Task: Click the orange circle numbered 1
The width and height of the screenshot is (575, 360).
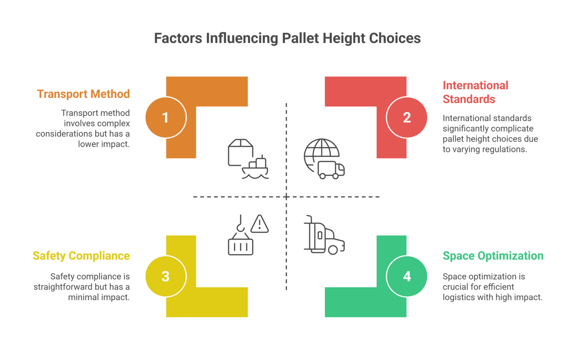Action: (x=165, y=118)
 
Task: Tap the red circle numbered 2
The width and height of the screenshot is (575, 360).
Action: (x=407, y=118)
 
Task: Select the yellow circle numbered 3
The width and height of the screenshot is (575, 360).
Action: (x=165, y=276)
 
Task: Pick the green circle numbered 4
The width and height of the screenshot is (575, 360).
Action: (x=407, y=276)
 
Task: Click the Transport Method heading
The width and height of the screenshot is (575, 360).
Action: (x=83, y=94)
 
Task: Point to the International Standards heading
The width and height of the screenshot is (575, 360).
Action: (x=475, y=92)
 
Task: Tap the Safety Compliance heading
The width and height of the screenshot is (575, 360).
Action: (x=81, y=256)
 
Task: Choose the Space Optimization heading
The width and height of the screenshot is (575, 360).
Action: (x=493, y=256)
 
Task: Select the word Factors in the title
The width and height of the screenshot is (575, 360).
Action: (x=178, y=38)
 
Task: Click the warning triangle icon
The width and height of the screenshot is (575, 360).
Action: (x=259, y=224)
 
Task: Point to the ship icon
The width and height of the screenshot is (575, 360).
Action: (x=256, y=169)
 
